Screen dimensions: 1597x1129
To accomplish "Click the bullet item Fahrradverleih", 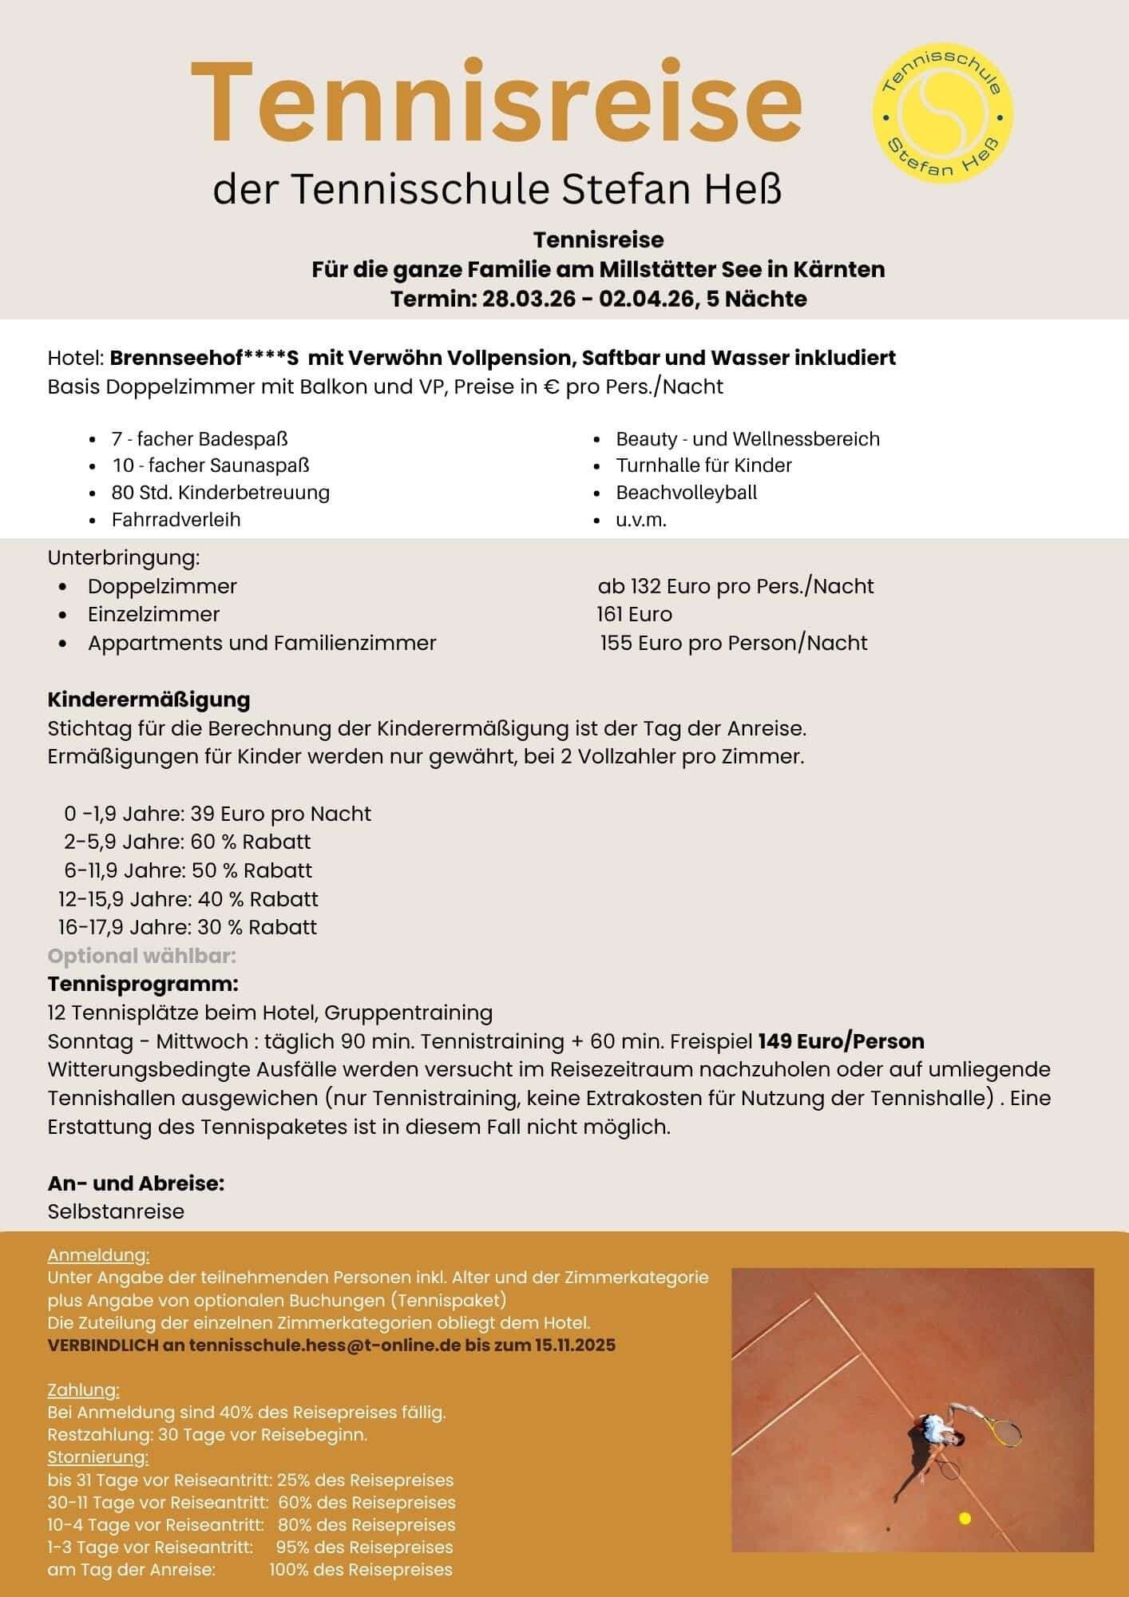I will [x=176, y=520].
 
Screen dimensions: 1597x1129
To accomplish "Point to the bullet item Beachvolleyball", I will [x=686, y=493].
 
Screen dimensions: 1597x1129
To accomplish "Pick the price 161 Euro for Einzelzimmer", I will [x=634, y=614].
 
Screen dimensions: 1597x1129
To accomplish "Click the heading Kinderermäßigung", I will [x=149, y=699].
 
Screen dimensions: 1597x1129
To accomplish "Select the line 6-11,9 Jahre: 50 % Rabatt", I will [x=188, y=870].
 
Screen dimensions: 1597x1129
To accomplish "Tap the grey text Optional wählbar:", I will [x=142, y=956].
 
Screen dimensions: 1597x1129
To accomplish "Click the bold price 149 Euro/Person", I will [x=841, y=1041].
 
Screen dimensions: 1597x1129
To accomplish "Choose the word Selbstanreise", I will [x=116, y=1211].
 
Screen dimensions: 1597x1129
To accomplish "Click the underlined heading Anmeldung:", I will [x=98, y=1255].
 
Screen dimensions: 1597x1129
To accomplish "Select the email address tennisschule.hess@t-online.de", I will [x=325, y=1345].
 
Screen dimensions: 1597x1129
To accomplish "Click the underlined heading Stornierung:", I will [x=98, y=1457].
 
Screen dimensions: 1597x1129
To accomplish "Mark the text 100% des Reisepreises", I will [x=361, y=1569].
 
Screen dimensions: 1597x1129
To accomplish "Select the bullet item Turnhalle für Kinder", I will [x=703, y=466].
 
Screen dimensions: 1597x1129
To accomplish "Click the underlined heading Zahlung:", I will [x=83, y=1390].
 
